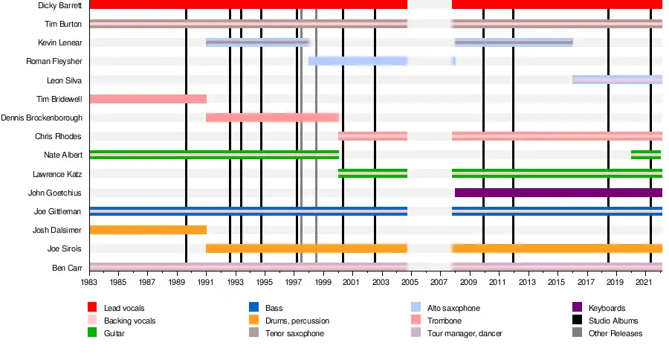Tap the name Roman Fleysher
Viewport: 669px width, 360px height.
coord(54,61)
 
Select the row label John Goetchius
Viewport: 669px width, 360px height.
coord(55,193)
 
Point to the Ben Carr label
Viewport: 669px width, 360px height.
coord(67,267)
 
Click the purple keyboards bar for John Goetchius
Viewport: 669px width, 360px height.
coord(557,193)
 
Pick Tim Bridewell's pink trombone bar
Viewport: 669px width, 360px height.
coord(147,99)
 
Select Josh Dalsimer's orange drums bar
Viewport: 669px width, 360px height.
coord(147,230)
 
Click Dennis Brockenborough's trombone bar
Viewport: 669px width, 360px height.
coord(272,118)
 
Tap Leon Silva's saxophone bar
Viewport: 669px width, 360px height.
coord(616,80)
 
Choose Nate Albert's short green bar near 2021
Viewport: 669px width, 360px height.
coord(645,155)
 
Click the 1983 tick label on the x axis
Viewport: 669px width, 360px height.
coord(89,283)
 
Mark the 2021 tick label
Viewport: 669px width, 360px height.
coord(644,283)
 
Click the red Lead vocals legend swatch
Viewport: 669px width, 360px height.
coord(93,308)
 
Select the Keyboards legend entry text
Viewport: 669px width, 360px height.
coord(607,308)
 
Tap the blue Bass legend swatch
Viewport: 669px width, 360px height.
coord(253,308)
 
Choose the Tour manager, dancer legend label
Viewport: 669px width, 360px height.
coord(465,334)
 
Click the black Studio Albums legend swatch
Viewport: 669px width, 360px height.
coord(577,321)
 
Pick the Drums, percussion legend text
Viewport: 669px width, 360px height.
coord(297,321)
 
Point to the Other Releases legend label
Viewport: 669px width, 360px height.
coord(615,334)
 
